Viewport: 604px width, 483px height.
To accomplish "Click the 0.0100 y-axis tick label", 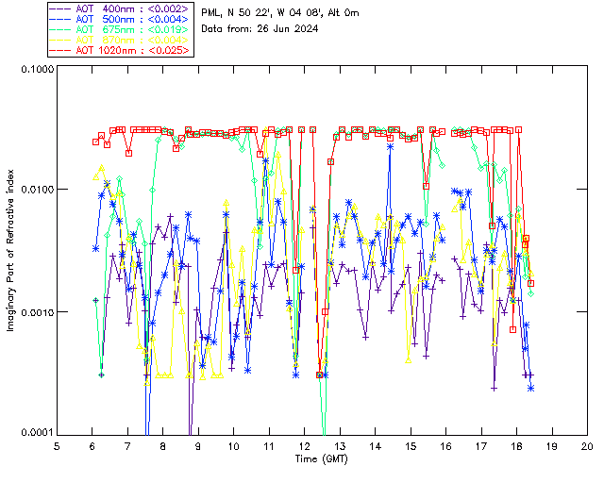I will tap(36, 191).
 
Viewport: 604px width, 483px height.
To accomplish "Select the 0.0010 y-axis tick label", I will tap(36, 312).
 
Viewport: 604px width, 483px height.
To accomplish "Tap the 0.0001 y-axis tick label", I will tap(36, 433).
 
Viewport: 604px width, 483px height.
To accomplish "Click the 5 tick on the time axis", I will tap(58, 445).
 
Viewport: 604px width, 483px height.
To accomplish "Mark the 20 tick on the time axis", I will tap(587, 445).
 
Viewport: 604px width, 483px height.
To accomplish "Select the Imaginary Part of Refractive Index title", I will tap(13, 249).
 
